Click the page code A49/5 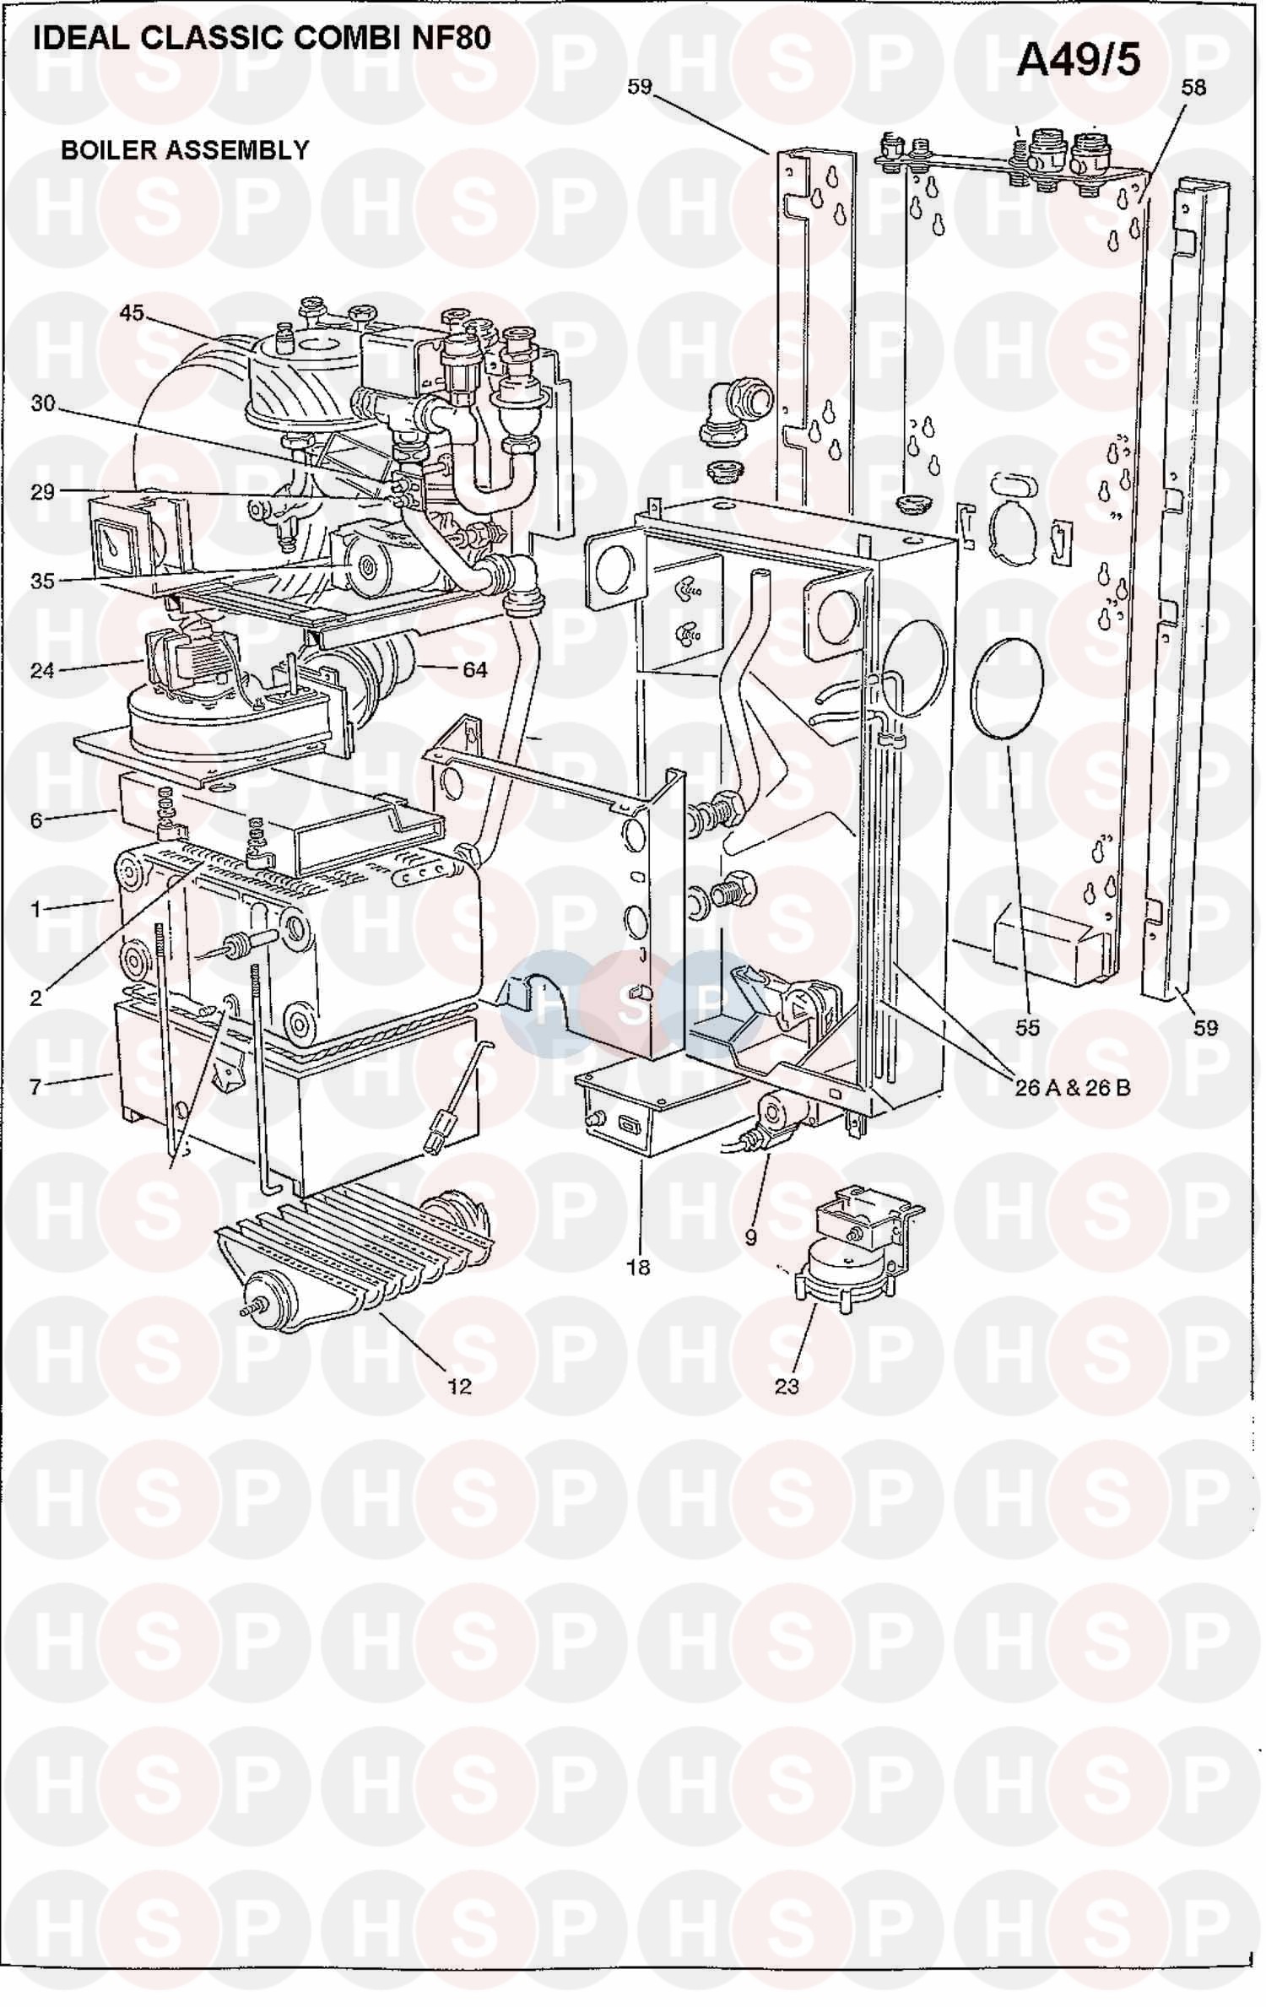click(1079, 61)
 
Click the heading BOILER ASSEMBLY click(186, 150)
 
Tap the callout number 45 click(132, 313)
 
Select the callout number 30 click(43, 404)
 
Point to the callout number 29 click(43, 492)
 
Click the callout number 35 click(43, 581)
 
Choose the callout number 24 click(43, 670)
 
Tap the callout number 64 click(475, 669)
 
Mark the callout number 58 click(1194, 87)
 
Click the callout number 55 click(1027, 1027)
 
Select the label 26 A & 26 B click(1073, 1087)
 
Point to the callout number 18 click(639, 1267)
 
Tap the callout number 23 click(787, 1386)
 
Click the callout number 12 click(460, 1386)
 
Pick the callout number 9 click(750, 1237)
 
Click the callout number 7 click(35, 1086)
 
